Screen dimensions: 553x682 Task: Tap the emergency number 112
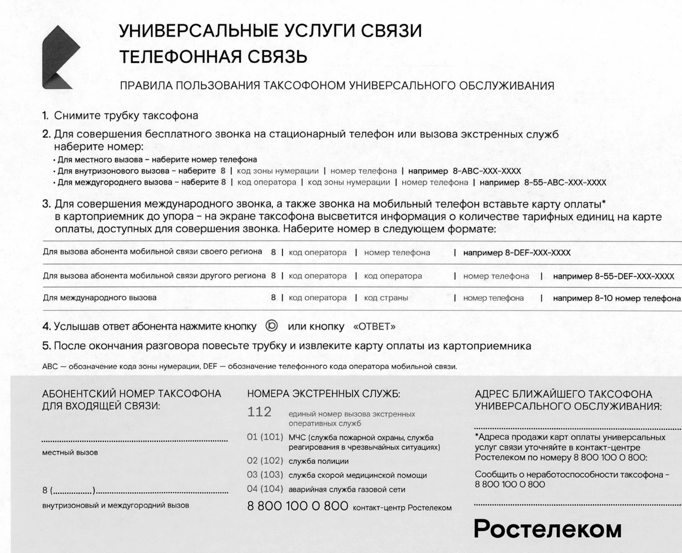(259, 412)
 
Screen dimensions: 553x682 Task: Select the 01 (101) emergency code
(265, 437)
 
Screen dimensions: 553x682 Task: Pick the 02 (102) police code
(265, 461)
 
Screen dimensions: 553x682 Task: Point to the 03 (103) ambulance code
(265, 475)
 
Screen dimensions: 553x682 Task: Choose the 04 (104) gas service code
(265, 489)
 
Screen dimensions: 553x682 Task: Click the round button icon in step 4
(271, 326)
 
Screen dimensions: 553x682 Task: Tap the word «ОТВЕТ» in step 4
(374, 327)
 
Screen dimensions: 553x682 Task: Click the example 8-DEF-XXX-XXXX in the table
(538, 253)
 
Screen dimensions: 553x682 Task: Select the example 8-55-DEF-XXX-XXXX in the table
(634, 276)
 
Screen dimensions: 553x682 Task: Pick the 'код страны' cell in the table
(386, 298)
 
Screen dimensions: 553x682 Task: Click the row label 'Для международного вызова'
(100, 298)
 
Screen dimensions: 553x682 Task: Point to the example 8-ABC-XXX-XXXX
(487, 171)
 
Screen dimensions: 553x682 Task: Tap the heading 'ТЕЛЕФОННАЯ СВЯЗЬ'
(213, 57)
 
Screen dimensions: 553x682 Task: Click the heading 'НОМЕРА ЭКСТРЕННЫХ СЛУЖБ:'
(324, 394)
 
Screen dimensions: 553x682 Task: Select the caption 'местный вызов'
(70, 453)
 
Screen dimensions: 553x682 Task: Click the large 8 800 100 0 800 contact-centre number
(297, 506)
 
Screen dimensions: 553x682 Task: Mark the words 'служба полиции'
(318, 461)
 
